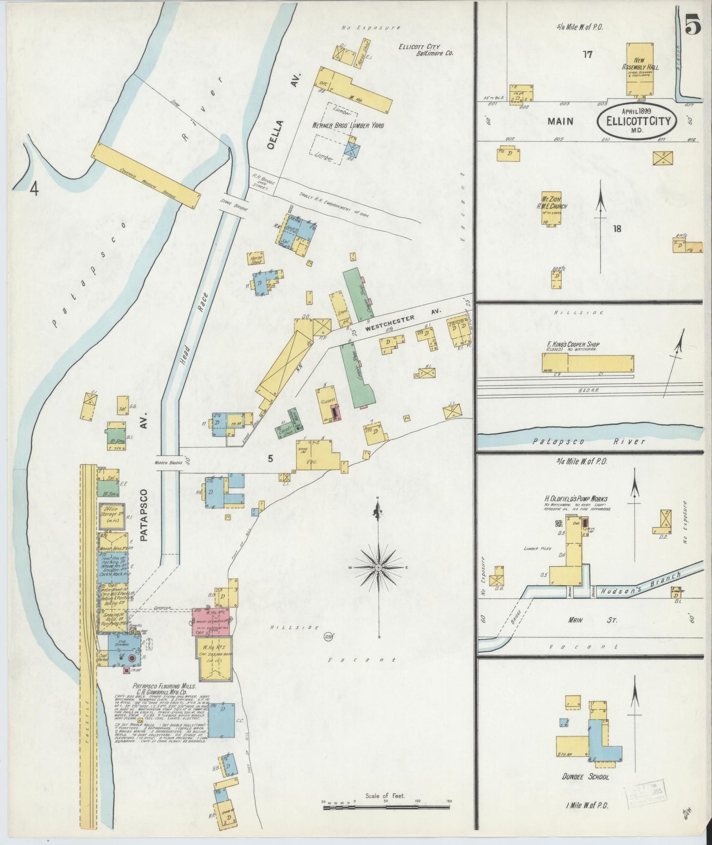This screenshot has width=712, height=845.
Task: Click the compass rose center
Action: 378,568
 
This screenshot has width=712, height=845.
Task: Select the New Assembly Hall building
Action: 640,69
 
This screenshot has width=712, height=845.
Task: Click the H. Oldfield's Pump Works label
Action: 576,499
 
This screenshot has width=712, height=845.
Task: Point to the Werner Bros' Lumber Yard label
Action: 348,126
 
